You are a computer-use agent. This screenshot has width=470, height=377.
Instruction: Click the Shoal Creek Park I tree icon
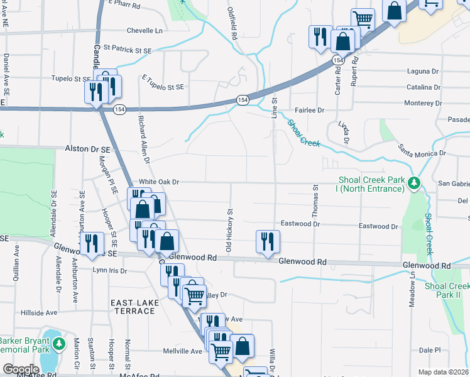point(413,183)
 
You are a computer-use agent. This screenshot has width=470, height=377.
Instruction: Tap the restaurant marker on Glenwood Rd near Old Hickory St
point(268,241)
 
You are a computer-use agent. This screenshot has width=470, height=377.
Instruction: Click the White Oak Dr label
point(159,182)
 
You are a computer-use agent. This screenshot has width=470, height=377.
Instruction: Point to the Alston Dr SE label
point(88,149)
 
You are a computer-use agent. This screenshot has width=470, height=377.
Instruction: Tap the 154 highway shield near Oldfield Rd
point(243,101)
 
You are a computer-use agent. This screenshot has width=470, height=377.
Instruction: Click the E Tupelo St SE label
point(163,82)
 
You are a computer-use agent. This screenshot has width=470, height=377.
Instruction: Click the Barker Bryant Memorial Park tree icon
point(58,344)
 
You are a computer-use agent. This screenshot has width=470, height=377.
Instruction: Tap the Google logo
point(21,369)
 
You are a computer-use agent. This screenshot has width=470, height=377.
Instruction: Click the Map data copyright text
point(444,372)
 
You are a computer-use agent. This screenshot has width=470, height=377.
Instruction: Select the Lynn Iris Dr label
point(110,271)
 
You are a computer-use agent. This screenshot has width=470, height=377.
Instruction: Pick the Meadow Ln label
point(413,295)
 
